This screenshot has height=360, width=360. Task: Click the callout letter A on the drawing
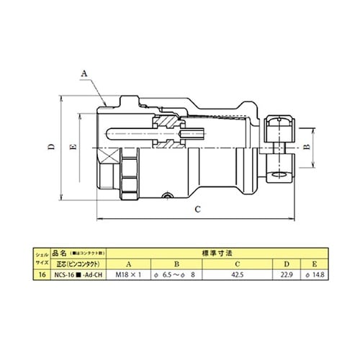click(x=84, y=73)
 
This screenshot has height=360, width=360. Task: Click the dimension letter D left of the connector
click(x=53, y=147)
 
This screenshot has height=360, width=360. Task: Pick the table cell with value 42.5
click(x=238, y=274)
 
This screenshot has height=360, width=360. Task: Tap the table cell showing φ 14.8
click(x=312, y=274)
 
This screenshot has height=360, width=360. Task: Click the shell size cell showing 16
click(x=42, y=274)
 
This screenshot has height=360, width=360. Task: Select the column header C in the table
click(x=238, y=264)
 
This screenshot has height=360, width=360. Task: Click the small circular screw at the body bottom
click(x=167, y=195)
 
